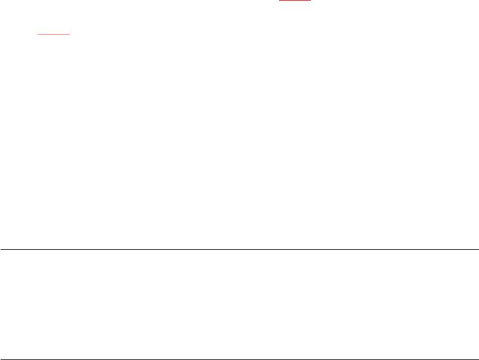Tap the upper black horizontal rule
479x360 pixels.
pyautogui.click(x=239, y=248)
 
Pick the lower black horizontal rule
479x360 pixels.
pyautogui.click(x=239, y=359)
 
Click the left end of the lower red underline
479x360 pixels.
pyautogui.click(x=38, y=34)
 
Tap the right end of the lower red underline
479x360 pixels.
pyautogui.click(x=70, y=34)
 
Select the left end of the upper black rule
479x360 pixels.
pyautogui.click(x=1, y=248)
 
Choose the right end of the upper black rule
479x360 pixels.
pyautogui.click(x=478, y=248)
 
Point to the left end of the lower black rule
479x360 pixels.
pyautogui.click(x=1, y=359)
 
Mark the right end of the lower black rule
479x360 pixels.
pyautogui.click(x=478, y=359)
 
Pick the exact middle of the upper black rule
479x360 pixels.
pyautogui.click(x=239, y=248)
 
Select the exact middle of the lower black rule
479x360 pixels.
pyautogui.click(x=239, y=359)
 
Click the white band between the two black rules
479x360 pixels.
pyautogui.click(x=239, y=304)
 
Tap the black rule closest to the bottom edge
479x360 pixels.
pyautogui.click(x=239, y=359)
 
